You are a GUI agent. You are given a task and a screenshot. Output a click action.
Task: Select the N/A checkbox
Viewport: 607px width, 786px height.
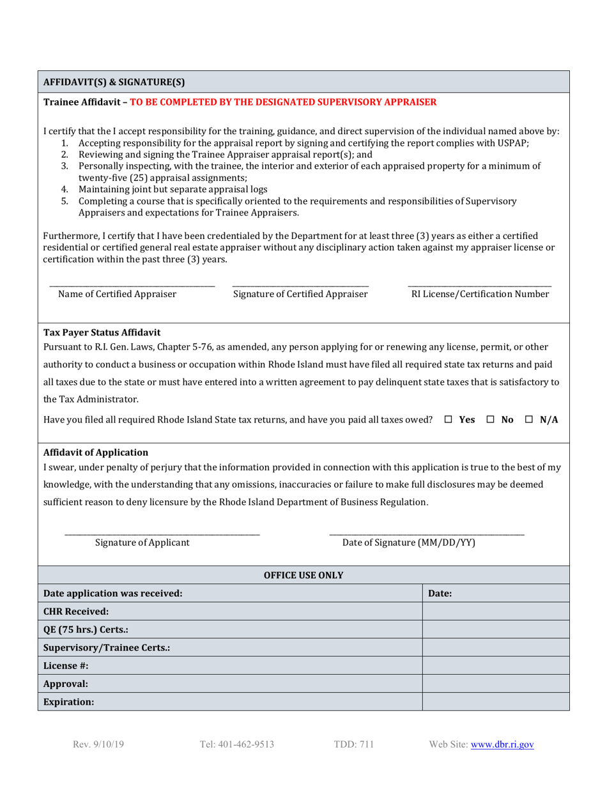click(529, 420)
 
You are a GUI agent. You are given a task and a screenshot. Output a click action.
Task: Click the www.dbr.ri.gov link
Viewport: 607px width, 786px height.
click(502, 744)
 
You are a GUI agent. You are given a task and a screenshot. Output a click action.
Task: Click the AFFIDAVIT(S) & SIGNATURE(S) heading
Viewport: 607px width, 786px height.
click(114, 82)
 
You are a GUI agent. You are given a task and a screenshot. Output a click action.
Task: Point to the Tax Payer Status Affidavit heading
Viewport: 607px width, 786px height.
click(102, 332)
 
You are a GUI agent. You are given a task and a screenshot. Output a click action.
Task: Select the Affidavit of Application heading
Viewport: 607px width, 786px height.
click(95, 452)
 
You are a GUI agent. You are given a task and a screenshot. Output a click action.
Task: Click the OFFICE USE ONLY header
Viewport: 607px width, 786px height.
click(303, 575)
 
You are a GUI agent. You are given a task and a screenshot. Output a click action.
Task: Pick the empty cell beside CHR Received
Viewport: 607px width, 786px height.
click(495, 612)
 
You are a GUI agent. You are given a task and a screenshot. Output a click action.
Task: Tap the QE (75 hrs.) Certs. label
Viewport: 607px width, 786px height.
click(86, 629)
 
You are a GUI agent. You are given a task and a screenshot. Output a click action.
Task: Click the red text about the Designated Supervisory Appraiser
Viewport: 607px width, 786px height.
click(283, 102)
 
